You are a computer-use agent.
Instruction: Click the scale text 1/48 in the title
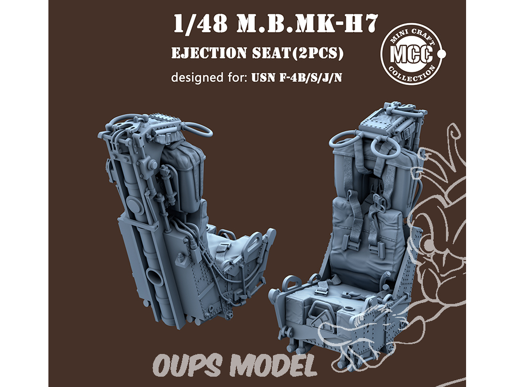coord(200,24)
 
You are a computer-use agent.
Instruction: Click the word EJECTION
coord(209,53)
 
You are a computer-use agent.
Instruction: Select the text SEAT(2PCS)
coord(298,53)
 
